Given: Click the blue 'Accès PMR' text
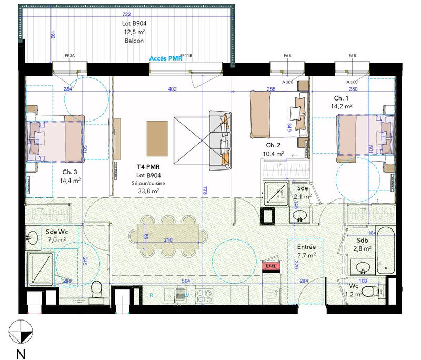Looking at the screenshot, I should (166, 58).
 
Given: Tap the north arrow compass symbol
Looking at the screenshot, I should (21, 331).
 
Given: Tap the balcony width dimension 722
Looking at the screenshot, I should (126, 14).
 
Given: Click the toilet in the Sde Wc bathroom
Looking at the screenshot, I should (96, 289).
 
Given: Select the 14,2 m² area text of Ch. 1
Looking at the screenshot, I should (341, 106).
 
